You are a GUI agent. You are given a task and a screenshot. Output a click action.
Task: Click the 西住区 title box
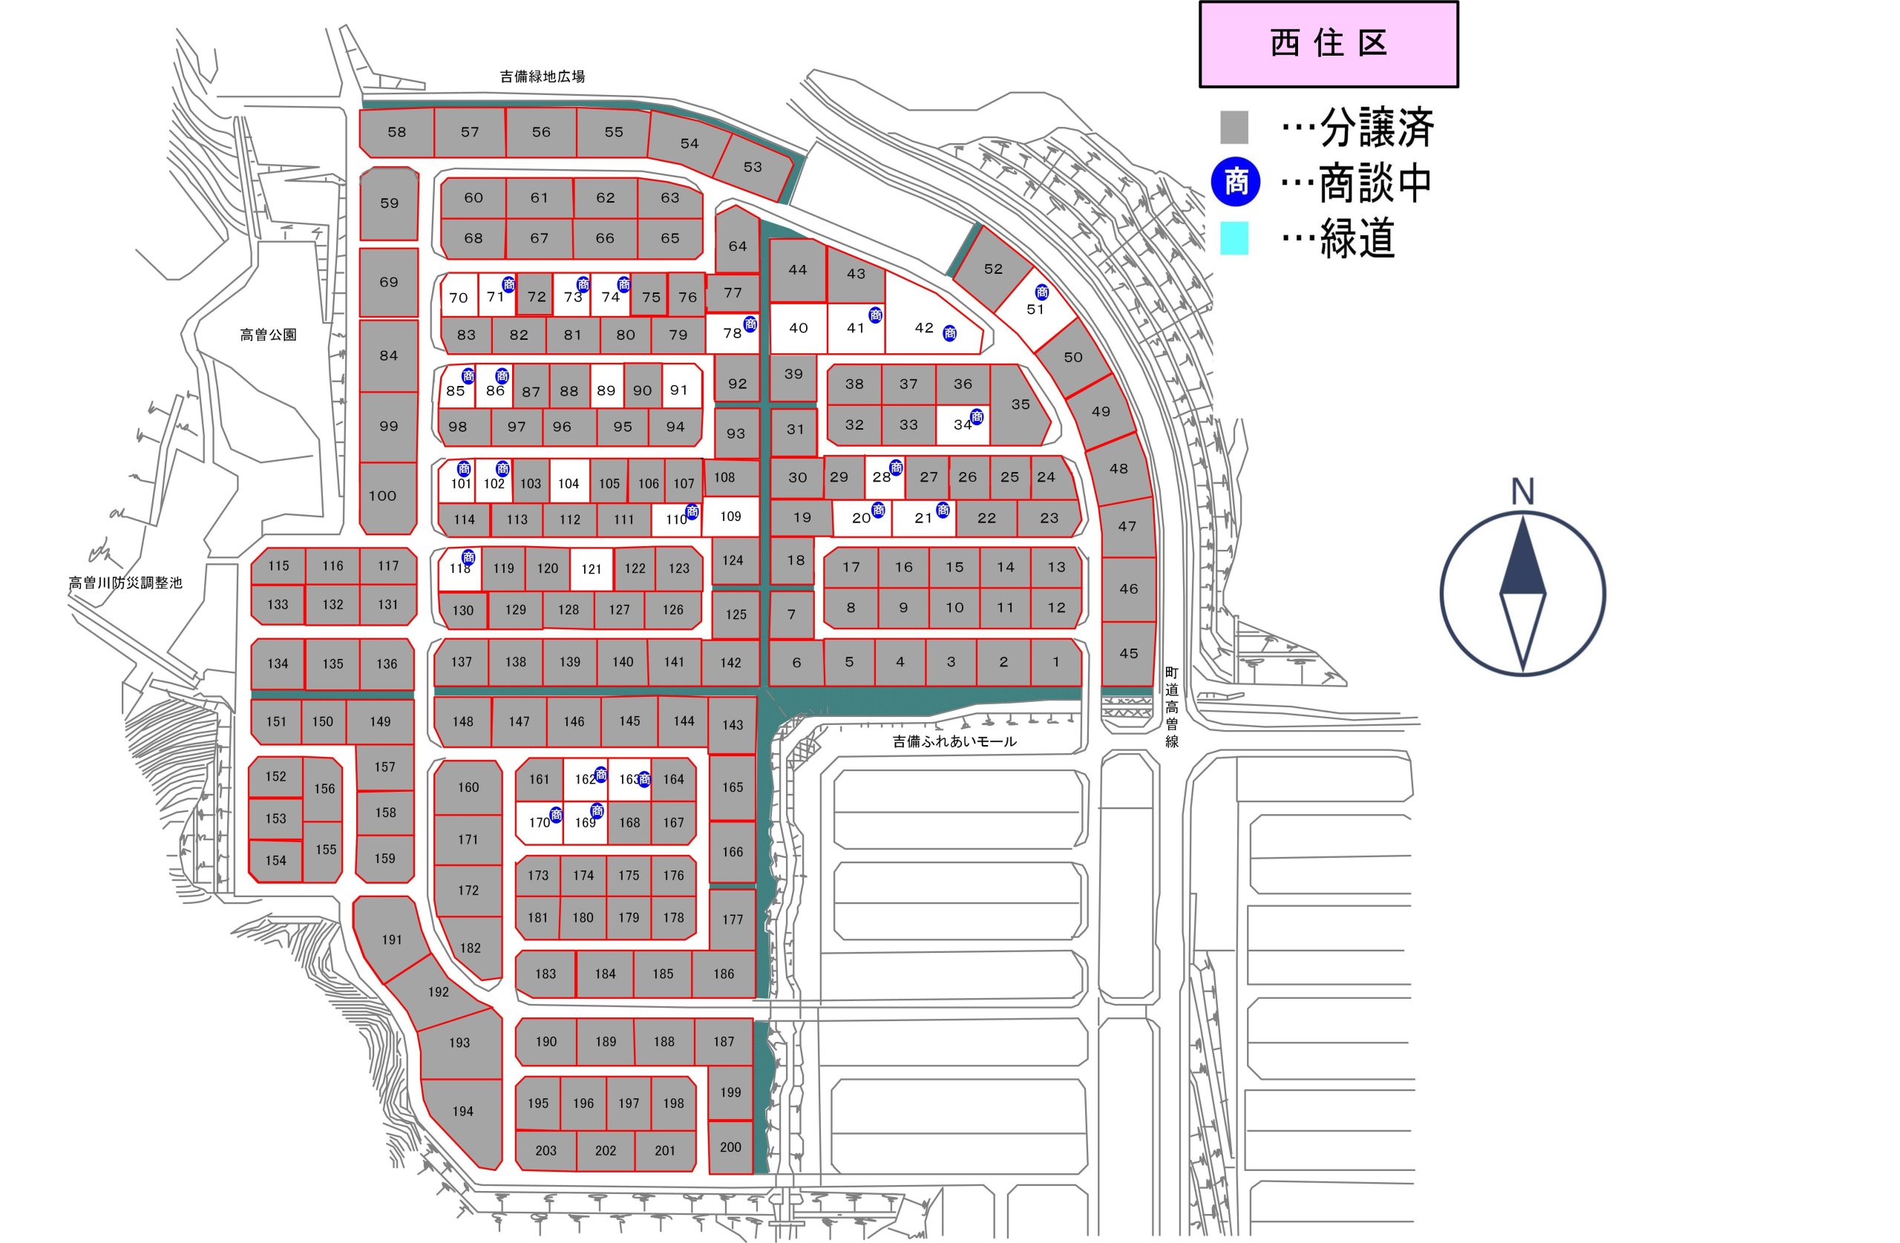(1329, 44)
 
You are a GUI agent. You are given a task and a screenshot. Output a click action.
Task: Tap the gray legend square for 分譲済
(1234, 128)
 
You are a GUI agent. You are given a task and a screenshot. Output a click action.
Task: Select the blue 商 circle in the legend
(1235, 182)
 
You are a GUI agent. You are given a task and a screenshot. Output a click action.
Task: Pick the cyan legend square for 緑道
(1234, 238)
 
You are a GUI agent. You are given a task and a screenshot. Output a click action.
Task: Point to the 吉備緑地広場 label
(542, 76)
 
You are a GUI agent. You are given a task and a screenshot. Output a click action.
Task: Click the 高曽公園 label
(268, 335)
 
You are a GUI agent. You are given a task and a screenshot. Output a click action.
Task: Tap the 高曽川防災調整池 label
(125, 583)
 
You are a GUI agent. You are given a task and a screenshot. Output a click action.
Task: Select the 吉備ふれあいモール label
(954, 741)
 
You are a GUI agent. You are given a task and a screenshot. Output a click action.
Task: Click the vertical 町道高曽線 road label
(1171, 706)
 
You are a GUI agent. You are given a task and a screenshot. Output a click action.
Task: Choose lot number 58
(397, 133)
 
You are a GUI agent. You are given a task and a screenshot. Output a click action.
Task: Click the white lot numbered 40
(799, 328)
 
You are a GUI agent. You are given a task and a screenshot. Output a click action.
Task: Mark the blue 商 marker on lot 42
(949, 334)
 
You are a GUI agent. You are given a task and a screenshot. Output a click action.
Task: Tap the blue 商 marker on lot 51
(1042, 292)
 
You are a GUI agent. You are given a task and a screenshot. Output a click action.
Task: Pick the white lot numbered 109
(730, 516)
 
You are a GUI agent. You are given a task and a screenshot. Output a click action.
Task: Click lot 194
(462, 1111)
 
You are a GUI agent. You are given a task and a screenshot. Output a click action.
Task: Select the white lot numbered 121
(592, 569)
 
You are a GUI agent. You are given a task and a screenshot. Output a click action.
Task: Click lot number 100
(382, 496)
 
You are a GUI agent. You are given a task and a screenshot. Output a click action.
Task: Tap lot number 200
(730, 1147)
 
